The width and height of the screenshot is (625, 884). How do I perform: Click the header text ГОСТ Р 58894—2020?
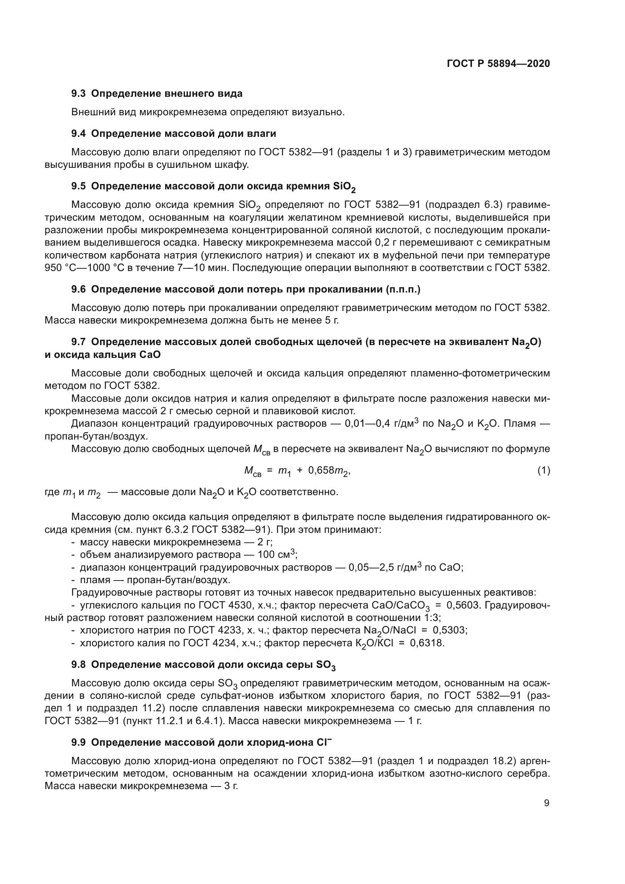pos(498,63)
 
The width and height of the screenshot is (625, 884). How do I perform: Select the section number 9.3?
pos(79,94)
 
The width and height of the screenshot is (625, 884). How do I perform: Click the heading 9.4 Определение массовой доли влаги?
pos(173,133)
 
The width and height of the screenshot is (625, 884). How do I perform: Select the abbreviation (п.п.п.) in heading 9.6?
pos(403,290)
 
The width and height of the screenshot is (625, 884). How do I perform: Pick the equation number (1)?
pos(543,470)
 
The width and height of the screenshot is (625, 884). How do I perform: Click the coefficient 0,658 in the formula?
pos(320,470)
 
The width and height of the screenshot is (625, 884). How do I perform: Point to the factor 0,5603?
pos(463,605)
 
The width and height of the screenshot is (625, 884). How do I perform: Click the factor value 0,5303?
pos(450,630)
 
